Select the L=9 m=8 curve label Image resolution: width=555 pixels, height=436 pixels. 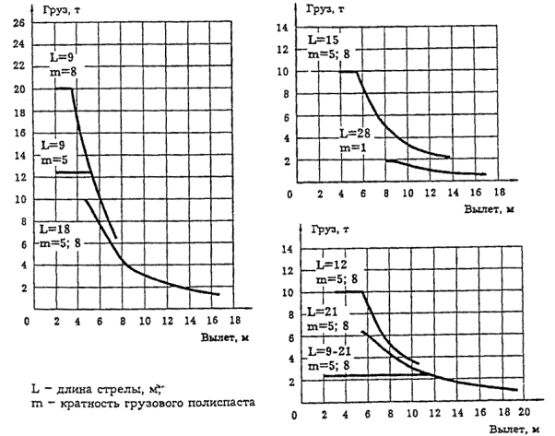[x=61, y=65]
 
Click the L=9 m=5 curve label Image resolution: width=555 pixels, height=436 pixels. [x=52, y=152]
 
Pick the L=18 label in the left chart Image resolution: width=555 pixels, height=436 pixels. [x=54, y=227]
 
